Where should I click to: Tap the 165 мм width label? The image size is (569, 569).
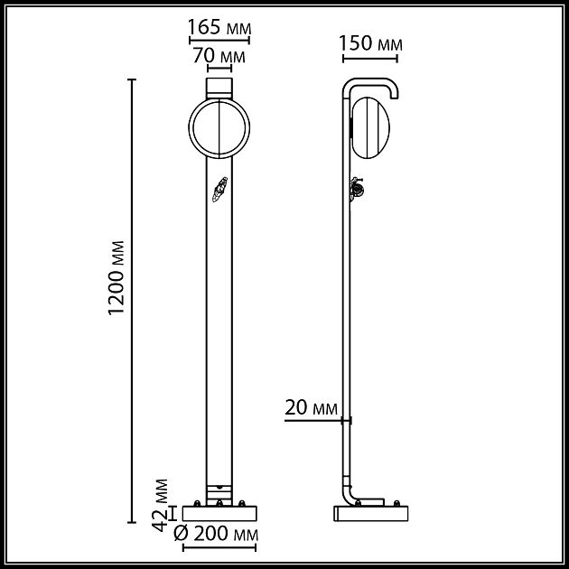point(219,27)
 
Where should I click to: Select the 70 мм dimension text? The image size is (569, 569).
point(219,56)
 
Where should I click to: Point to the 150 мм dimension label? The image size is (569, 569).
point(370,43)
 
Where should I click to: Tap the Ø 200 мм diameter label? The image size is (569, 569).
point(215,534)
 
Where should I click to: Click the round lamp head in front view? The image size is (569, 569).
point(219,129)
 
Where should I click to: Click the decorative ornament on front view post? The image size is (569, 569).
point(218,191)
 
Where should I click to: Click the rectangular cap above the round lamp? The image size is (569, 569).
point(219,88)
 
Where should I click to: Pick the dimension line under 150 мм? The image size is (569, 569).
point(370,61)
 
